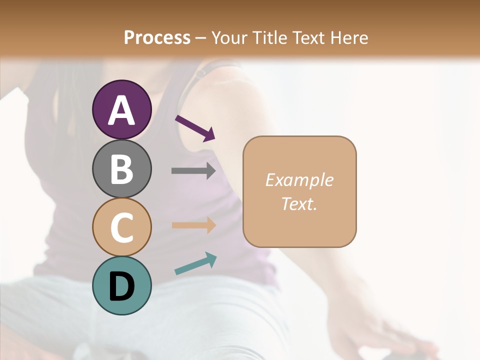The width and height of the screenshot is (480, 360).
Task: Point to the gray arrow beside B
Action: click(193, 171)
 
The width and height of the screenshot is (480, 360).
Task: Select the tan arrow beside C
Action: click(193, 225)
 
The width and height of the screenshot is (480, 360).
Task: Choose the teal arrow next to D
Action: click(195, 263)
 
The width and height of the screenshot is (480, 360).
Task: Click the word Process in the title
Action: click(157, 37)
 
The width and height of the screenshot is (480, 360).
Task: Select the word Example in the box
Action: click(299, 180)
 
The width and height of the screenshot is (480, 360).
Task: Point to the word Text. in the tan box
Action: click(299, 204)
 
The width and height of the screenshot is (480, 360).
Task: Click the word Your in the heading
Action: click(228, 37)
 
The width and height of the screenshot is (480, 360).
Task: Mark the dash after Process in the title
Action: click(201, 38)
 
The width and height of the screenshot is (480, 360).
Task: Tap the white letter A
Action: click(121, 110)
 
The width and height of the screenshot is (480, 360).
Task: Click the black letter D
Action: click(121, 286)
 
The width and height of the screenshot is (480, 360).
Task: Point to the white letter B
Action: click(121, 168)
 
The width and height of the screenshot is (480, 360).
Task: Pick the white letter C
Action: click(121, 228)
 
